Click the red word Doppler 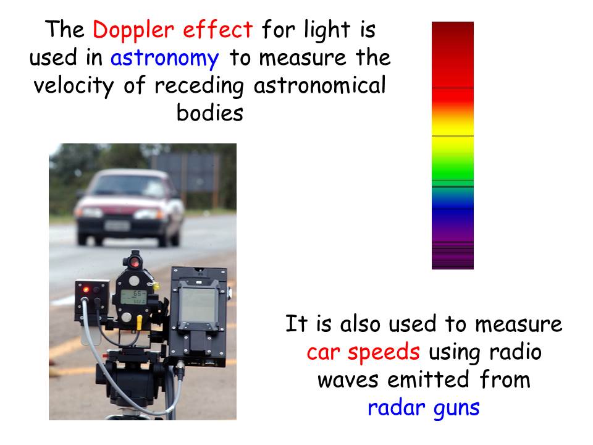pos(133,30)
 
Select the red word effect pos(217,29)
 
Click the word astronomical pos(319,85)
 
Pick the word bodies pos(210,112)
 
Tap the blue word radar pos(395,407)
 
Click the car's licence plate pos(117,226)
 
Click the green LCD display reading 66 pos(133,297)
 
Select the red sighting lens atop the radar pos(135,262)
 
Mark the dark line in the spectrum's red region pos(453,88)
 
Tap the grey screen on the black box pos(198,305)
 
